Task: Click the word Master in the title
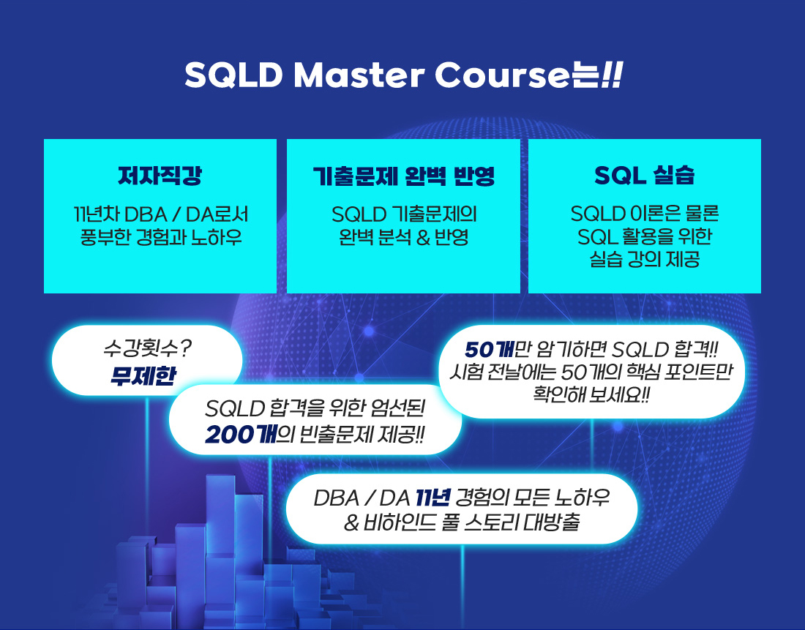coord(359,75)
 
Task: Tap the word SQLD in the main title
coord(233,75)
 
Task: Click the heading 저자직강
coord(160,175)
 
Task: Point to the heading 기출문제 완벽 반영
coord(403,176)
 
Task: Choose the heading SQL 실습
coord(644,175)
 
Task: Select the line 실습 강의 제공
coord(644,259)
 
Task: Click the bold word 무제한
coord(143,375)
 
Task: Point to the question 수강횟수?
coord(147,348)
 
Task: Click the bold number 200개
coord(240,435)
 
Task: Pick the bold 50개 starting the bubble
coord(489,350)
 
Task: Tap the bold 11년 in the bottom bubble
coord(433,497)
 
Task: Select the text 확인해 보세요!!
coord(591,395)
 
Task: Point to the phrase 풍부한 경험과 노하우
coord(161,237)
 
